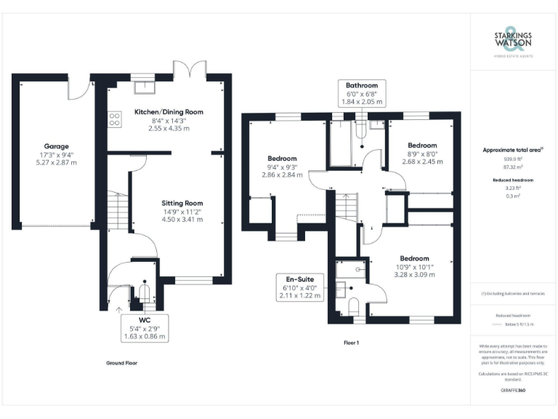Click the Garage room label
click(x=56, y=145)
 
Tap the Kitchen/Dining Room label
click(x=169, y=112)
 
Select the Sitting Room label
click(x=182, y=203)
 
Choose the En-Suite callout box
click(x=302, y=287)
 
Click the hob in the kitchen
click(x=115, y=119)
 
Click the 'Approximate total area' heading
click(x=513, y=150)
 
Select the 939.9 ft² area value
click(x=513, y=159)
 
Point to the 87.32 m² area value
click(x=513, y=167)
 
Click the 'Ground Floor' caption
click(x=121, y=362)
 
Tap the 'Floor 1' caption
click(x=352, y=342)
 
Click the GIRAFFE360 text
click(x=513, y=391)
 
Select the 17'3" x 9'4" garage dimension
click(x=56, y=154)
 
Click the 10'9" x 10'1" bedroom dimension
click(x=414, y=267)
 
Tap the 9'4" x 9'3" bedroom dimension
click(x=282, y=167)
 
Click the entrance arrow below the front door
click(x=119, y=311)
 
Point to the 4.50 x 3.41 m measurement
click(x=182, y=220)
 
